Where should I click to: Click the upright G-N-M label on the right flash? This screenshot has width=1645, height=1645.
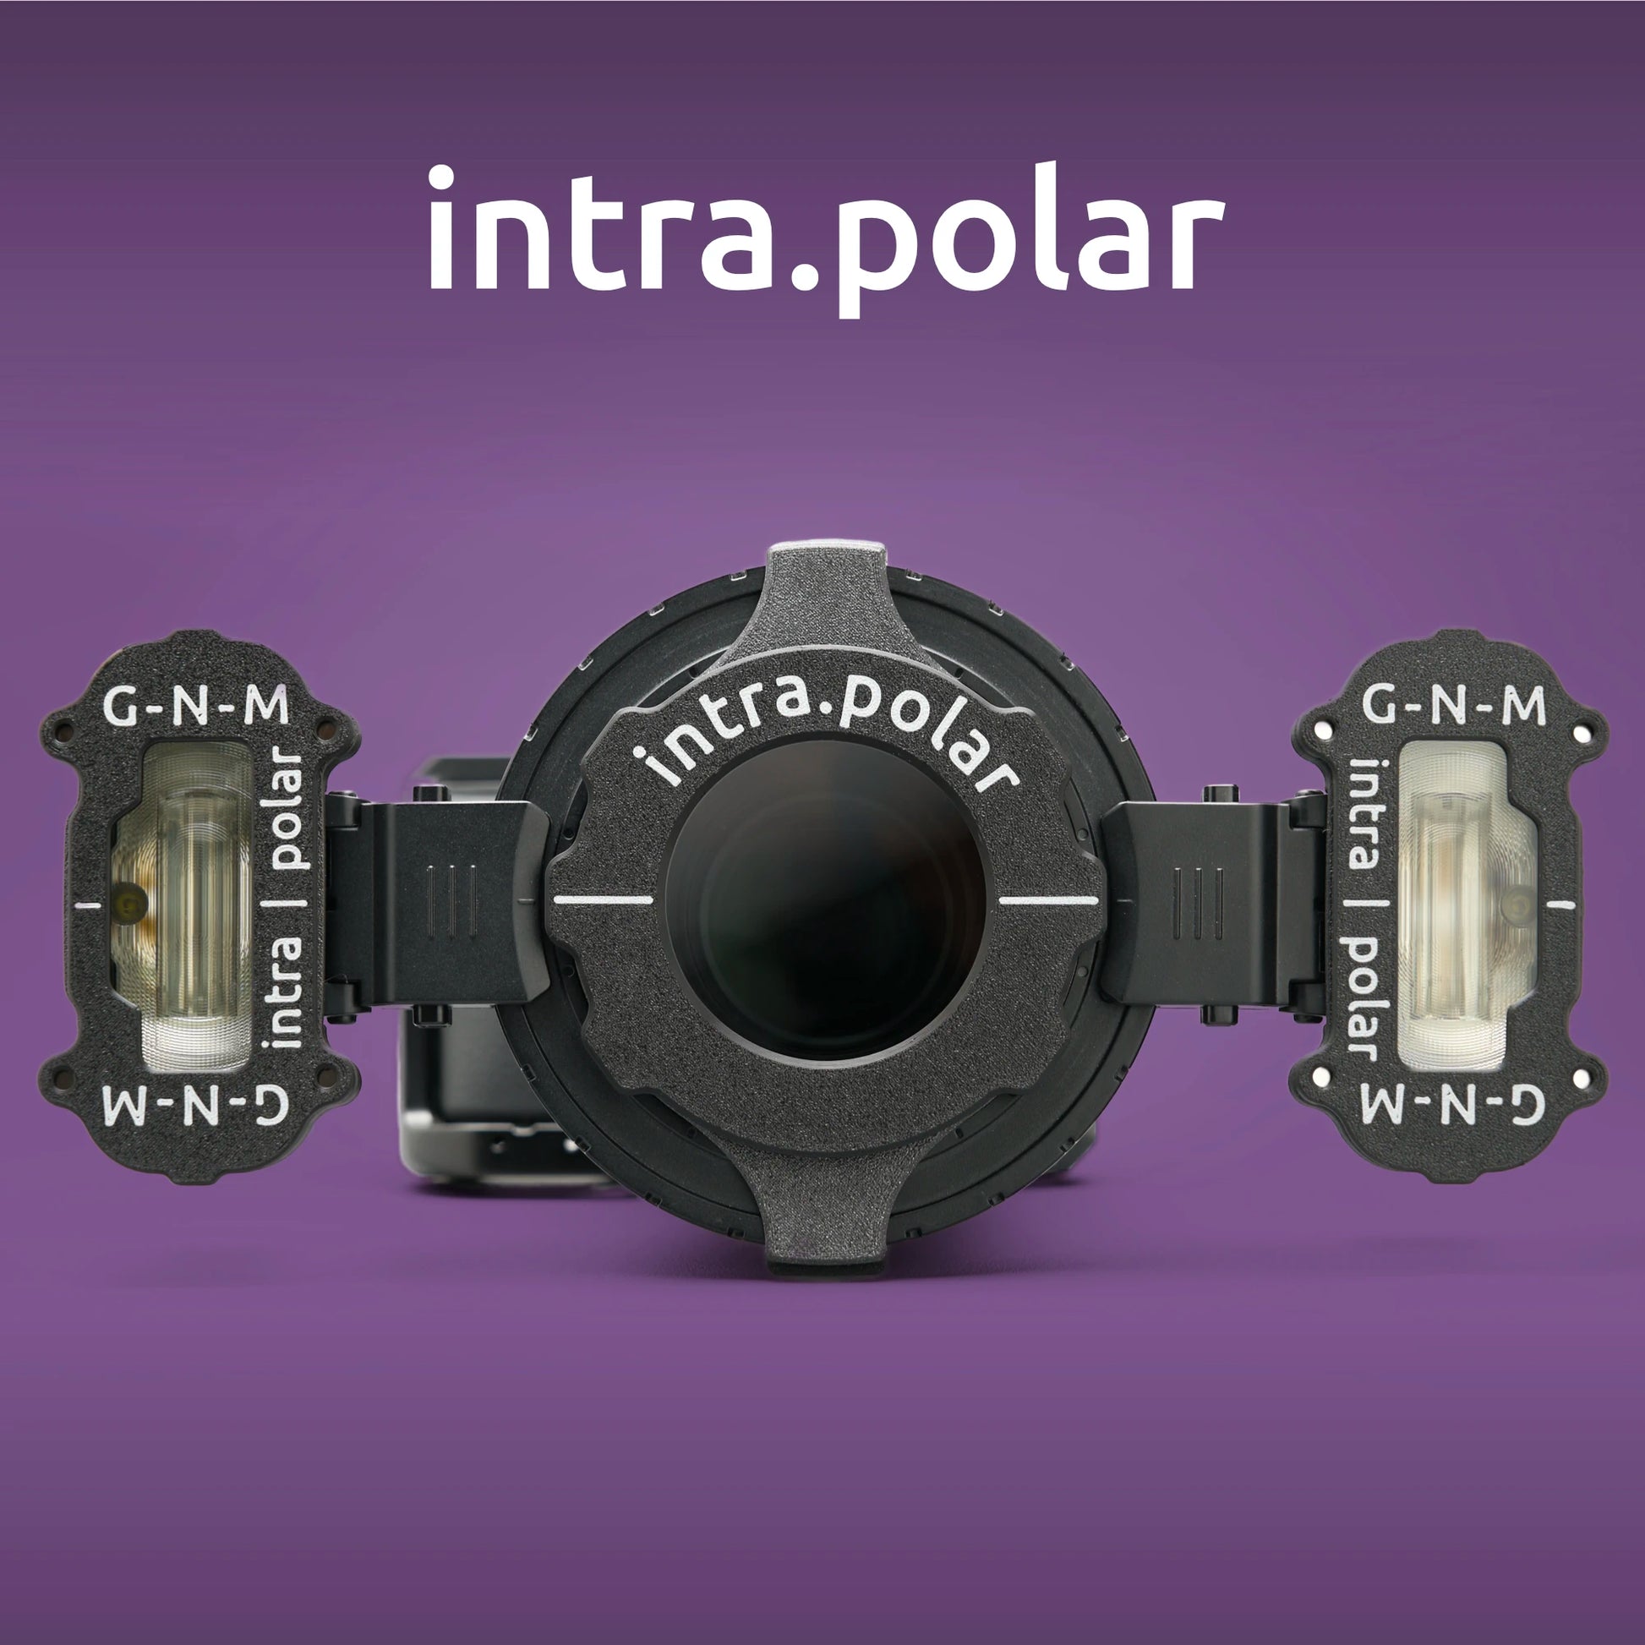click(1453, 708)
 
